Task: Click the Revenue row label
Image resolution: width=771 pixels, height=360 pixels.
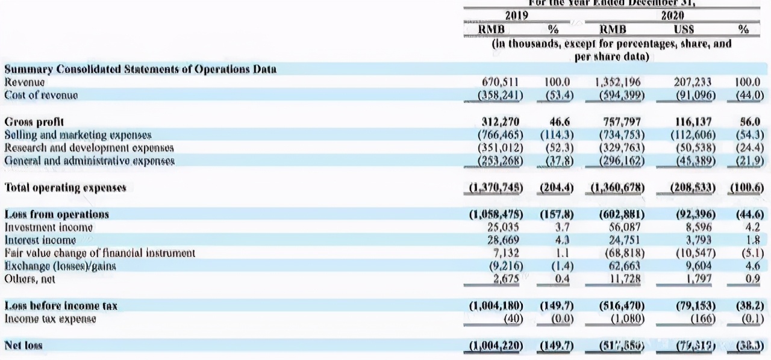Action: point(25,82)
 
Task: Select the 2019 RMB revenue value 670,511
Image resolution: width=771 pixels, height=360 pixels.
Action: point(503,82)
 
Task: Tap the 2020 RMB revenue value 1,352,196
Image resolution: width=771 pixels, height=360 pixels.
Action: point(617,82)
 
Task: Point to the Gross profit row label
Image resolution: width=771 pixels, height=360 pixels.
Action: point(32,122)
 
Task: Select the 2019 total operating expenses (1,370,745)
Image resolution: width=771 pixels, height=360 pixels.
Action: point(496,188)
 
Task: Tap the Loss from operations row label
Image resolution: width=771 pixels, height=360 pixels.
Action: point(57,214)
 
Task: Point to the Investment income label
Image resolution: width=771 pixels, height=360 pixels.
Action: point(49,227)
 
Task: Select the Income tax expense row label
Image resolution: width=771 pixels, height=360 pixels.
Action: point(51,318)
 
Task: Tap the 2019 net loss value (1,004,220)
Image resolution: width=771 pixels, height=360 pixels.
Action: point(496,346)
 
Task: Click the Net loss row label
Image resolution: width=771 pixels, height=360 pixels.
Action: point(23,345)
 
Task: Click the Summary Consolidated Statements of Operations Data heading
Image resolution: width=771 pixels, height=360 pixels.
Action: point(140,69)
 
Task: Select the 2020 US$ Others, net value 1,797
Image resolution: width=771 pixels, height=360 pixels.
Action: point(699,279)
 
